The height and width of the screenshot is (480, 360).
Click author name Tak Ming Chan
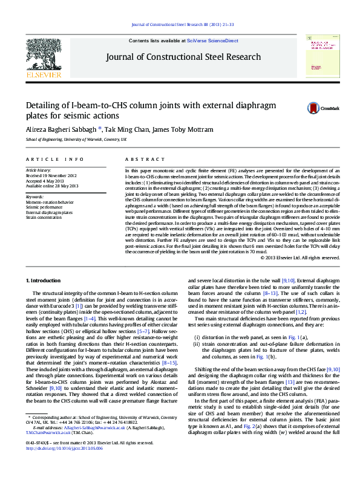tap(125, 129)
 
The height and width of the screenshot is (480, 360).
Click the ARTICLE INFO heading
tap(54, 159)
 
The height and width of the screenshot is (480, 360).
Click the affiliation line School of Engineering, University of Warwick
tap(76, 140)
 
